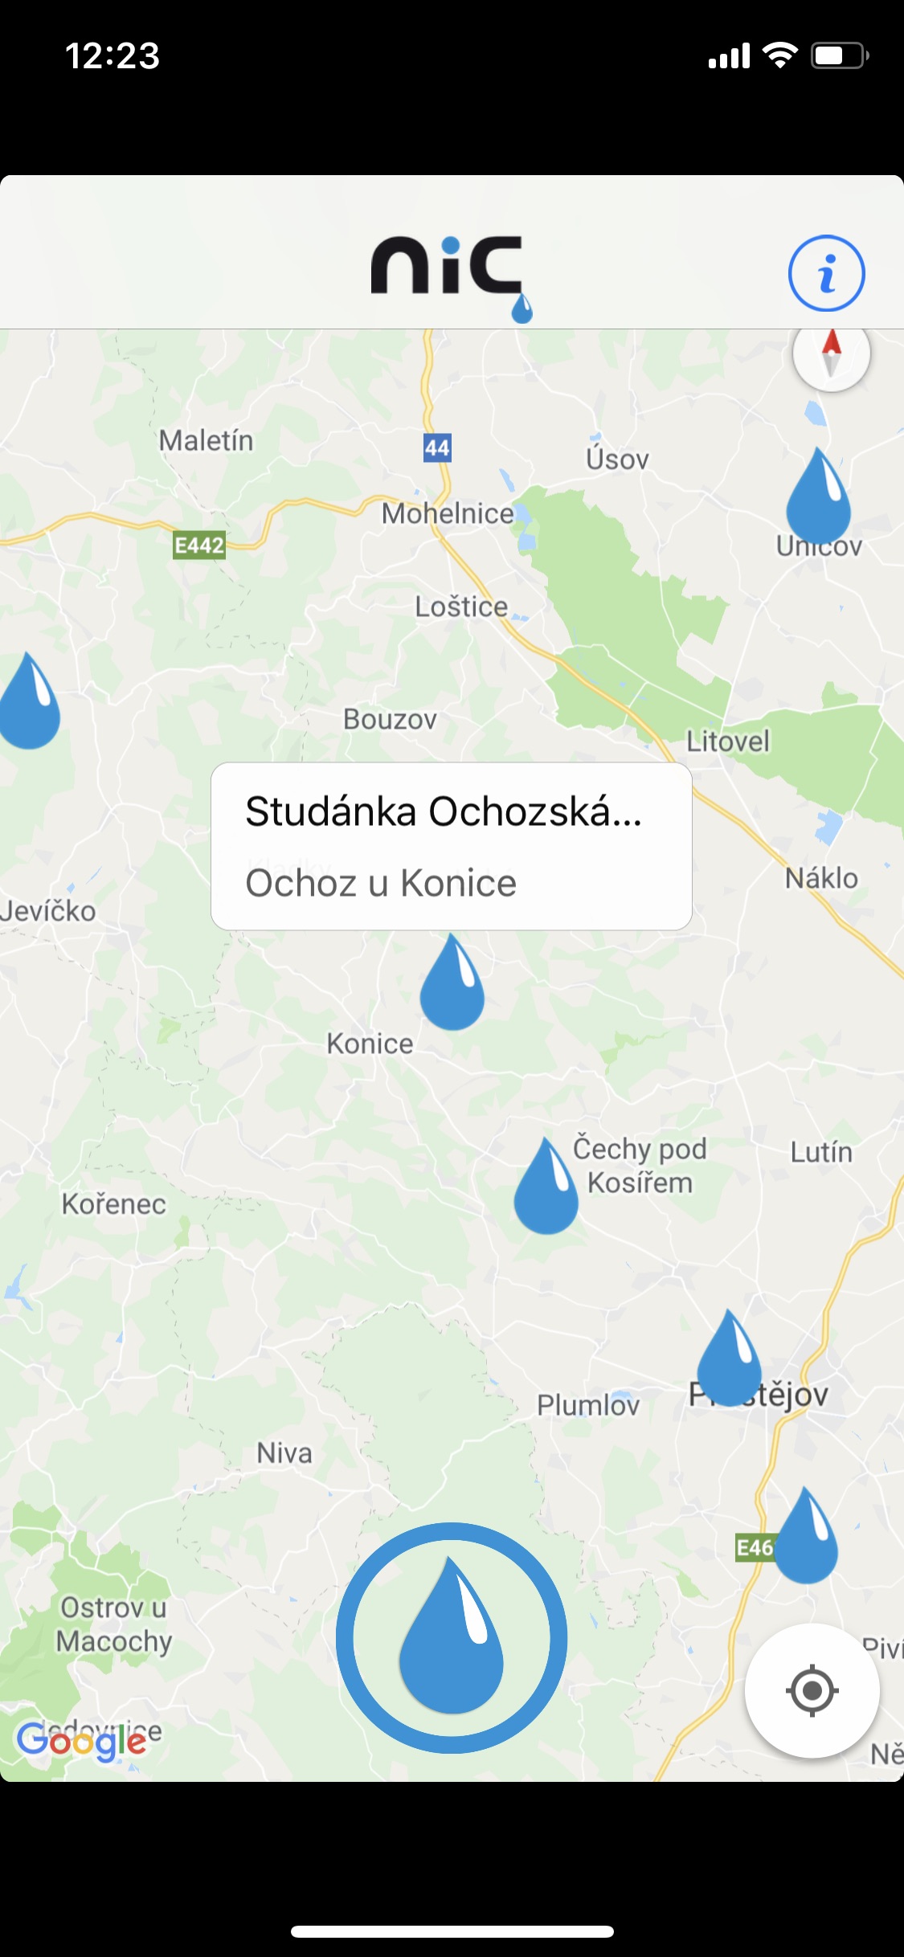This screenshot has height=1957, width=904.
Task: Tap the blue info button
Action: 826,273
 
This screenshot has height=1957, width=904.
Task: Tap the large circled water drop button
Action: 452,1637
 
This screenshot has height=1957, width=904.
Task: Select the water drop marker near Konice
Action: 452,987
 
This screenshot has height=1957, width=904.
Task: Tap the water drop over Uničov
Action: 818,500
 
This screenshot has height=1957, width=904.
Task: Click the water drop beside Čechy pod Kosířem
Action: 546,1191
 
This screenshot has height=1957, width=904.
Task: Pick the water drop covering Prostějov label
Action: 729,1363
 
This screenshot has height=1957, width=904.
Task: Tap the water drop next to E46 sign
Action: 806,1540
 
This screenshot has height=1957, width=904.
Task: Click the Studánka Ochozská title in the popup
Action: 444,811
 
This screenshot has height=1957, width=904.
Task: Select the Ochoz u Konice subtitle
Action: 381,883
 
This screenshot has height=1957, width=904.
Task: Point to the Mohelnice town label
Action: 448,513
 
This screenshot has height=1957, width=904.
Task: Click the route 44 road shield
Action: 437,447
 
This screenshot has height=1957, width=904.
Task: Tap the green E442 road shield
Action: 199,545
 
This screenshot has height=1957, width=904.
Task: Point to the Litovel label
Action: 728,741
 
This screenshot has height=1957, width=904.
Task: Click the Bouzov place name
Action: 390,719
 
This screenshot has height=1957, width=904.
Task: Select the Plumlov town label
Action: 588,1405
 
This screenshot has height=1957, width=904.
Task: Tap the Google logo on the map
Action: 81,1741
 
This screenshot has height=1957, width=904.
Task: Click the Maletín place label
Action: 206,440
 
